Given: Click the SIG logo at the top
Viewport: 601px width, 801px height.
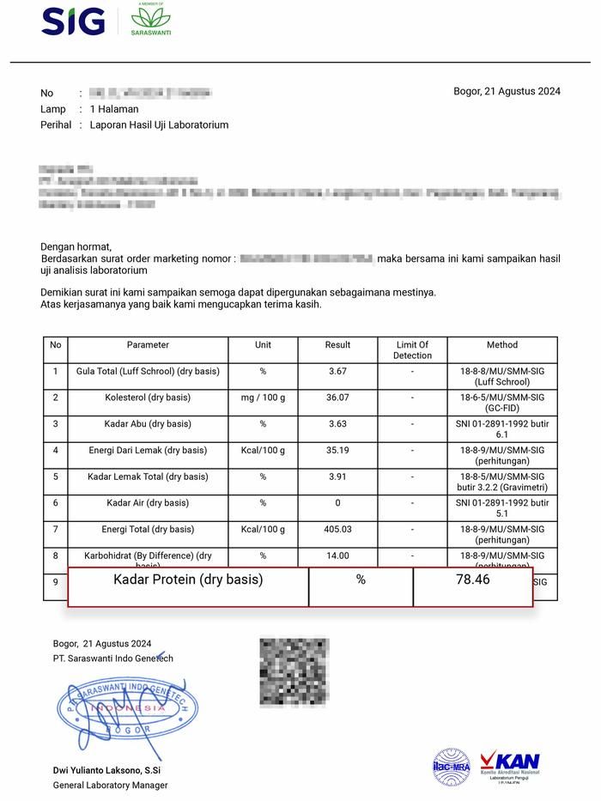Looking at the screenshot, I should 73,21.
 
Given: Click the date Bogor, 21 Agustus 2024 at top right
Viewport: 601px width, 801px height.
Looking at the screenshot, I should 507,92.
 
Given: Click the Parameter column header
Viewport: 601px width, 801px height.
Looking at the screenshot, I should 148,345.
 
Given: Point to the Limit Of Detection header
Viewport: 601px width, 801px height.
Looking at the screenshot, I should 412,350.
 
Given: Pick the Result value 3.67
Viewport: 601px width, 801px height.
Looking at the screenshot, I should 337,371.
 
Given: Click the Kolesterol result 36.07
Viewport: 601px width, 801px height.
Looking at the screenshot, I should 337,397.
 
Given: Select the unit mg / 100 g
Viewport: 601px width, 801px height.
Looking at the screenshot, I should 263,397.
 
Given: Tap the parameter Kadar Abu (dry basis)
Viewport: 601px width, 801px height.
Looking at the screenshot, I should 148,424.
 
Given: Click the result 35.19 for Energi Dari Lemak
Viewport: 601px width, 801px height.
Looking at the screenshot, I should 337,450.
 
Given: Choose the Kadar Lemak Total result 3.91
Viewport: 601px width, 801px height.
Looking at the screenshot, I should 337,476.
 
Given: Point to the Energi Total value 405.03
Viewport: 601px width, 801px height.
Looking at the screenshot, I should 337,530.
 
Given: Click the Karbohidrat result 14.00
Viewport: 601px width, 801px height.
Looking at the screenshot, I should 337,555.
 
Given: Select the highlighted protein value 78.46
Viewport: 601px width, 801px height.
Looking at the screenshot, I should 472,580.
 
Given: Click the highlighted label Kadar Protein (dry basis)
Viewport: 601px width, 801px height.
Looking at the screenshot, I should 188,580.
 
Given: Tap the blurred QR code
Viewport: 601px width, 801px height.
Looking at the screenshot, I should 294,671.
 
